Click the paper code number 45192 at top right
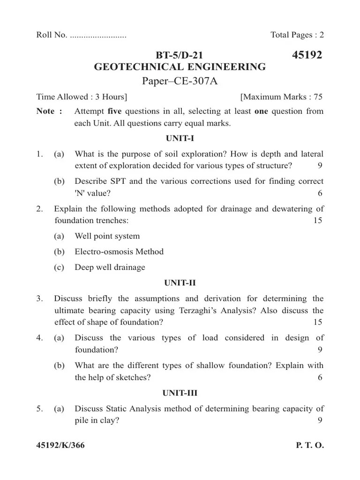307,56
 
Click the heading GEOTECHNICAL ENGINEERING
180,67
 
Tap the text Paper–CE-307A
180,82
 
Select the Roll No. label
52,35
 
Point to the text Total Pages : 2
297,35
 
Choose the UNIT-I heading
180,139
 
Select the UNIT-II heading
180,283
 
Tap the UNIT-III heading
180,393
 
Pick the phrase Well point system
107,236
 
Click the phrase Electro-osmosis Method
119,252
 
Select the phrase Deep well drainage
110,267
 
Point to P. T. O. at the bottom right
309,446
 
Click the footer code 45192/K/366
60,446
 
